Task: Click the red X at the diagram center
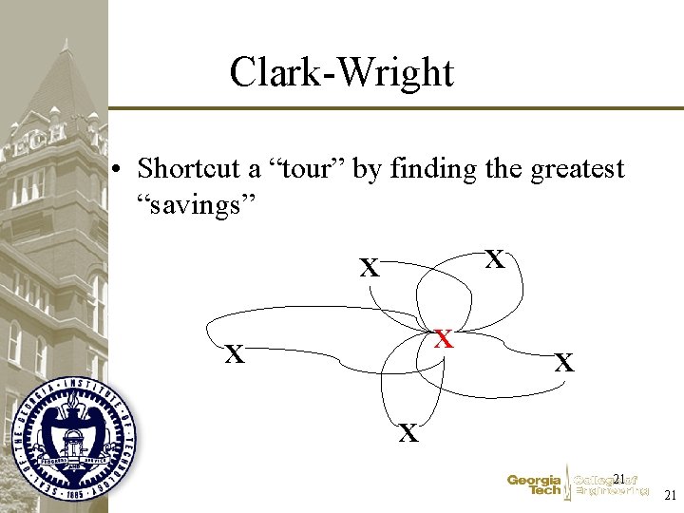(x=443, y=338)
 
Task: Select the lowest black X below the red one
(x=408, y=434)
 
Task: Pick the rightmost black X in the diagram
(x=564, y=362)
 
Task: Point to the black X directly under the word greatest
(x=494, y=258)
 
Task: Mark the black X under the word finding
(x=369, y=269)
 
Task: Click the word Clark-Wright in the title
(x=342, y=72)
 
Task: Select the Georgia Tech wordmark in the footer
(x=534, y=485)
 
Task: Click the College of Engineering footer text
(x=612, y=485)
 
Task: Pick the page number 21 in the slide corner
(x=670, y=495)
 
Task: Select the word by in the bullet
(x=373, y=169)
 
